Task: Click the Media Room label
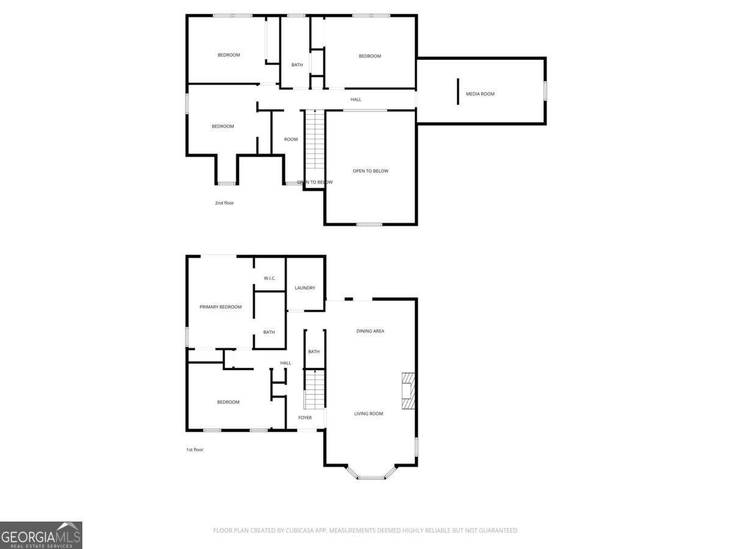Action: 480,94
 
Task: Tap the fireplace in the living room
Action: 407,390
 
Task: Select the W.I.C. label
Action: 270,279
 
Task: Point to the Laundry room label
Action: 304,288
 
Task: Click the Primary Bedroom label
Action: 221,307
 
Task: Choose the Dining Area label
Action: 370,331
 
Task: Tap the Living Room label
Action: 368,414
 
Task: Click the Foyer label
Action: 305,418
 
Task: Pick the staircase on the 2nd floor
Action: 314,140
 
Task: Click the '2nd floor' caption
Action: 224,203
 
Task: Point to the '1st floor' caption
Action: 195,450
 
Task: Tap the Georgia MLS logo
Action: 41,535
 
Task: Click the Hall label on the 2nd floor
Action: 356,99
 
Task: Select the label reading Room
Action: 291,140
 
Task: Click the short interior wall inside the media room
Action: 457,91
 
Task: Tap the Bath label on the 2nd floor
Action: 297,65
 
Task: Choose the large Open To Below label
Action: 370,171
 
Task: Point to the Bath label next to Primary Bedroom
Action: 269,332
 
